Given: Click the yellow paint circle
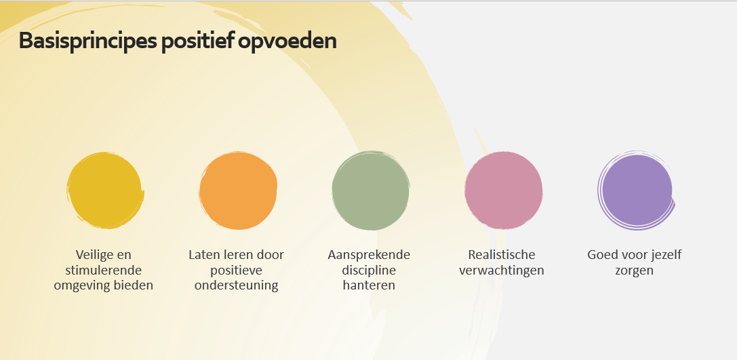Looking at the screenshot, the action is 105,191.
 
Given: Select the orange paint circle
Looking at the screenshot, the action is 238,191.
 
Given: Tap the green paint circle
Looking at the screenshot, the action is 371,191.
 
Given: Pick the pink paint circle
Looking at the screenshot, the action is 503,191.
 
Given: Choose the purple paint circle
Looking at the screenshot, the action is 637,191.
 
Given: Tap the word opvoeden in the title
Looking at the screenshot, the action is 287,41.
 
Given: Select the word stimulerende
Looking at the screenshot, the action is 104,271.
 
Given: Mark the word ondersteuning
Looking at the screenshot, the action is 237,285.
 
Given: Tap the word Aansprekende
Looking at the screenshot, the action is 369,255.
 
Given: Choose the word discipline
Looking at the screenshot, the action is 369,271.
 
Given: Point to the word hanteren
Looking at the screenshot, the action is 369,285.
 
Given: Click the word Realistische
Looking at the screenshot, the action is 502,255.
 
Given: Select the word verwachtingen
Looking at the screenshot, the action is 502,271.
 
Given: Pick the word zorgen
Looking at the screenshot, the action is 634,271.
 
